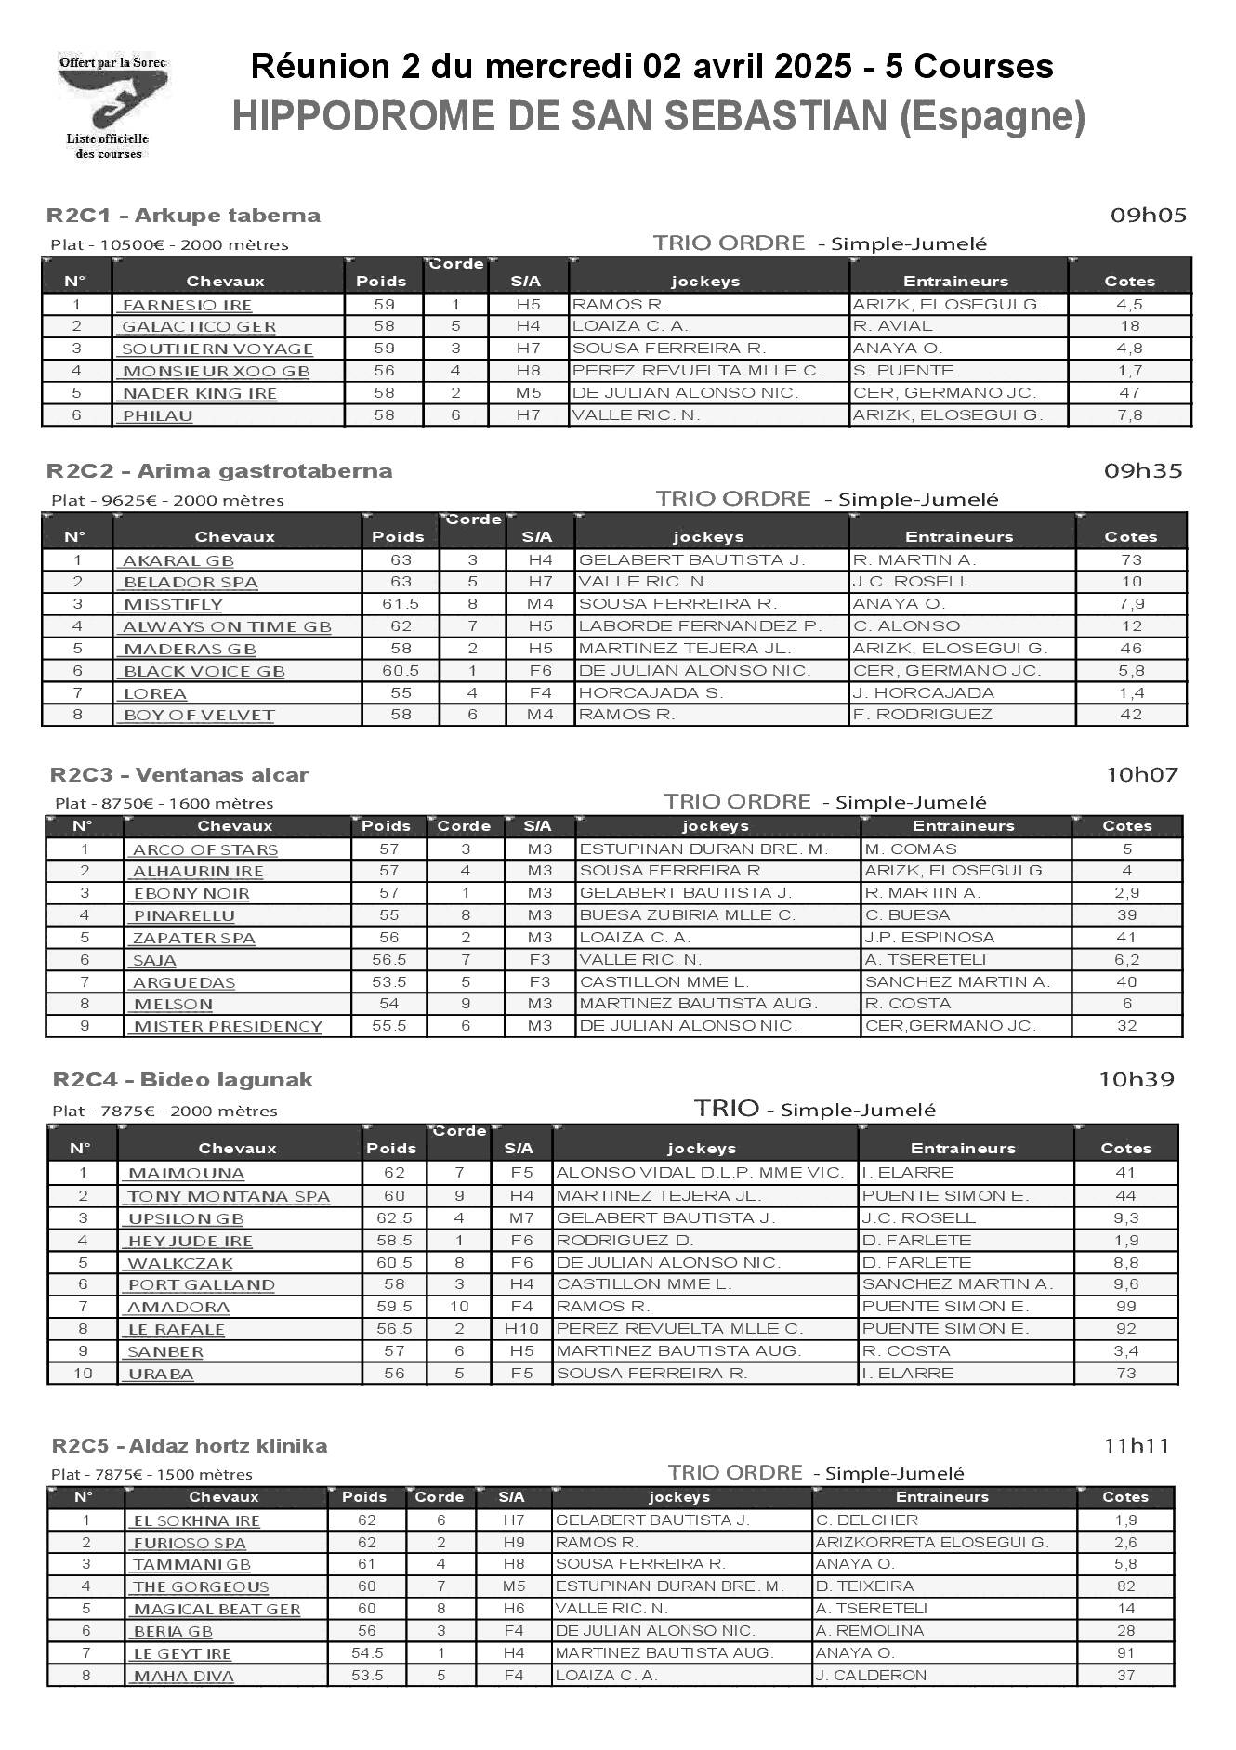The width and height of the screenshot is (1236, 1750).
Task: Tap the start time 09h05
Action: pyautogui.click(x=1149, y=216)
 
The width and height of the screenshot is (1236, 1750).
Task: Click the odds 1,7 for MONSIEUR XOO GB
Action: pyautogui.click(x=1130, y=371)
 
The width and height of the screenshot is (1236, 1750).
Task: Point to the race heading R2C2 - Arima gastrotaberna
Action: pyautogui.click(x=220, y=471)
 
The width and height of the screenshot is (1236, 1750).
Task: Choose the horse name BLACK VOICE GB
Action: pyautogui.click(x=204, y=671)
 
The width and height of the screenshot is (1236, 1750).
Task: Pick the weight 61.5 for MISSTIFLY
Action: pyautogui.click(x=401, y=604)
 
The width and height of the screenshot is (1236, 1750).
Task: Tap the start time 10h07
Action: pyautogui.click(x=1141, y=774)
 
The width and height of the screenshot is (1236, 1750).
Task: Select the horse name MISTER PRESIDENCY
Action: pyautogui.click(x=228, y=1027)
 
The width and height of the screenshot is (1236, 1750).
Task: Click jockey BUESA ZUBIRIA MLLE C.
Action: pyautogui.click(x=687, y=915)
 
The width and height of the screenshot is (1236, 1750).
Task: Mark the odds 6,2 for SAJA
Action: pyautogui.click(x=1126, y=960)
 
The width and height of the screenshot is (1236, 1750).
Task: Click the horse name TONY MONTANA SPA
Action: pyautogui.click(x=229, y=1197)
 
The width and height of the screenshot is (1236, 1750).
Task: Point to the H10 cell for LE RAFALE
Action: pyautogui.click(x=521, y=1329)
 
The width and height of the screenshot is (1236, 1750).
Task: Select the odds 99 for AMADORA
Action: pyautogui.click(x=1124, y=1307)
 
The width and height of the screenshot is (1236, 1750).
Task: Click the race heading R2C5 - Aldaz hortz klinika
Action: pyautogui.click(x=190, y=1446)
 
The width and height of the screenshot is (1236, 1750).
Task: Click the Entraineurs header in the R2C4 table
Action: pyautogui.click(x=966, y=1149)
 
